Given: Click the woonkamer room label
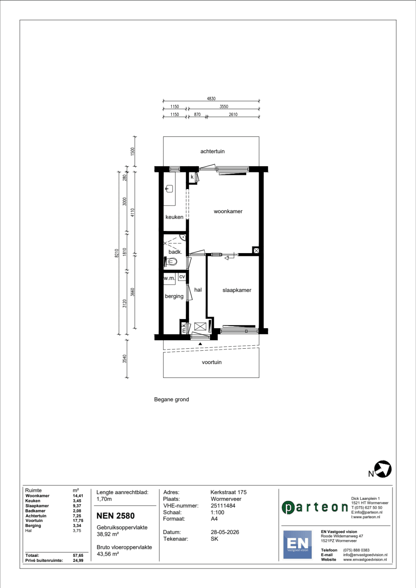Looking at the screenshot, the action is [228, 212].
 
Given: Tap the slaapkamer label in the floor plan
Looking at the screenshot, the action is [237, 290].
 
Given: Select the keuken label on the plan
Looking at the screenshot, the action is [174, 217].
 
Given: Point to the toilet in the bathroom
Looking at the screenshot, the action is [171, 261].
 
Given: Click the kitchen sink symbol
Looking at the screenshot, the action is [169, 189].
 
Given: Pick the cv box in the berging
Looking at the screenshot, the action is [182, 277].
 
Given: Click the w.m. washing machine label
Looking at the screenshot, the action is [169, 278].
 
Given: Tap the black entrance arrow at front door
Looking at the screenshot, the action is [200, 344].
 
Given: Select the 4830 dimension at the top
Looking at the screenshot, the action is [211, 99].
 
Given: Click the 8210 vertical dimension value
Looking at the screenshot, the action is [116, 253].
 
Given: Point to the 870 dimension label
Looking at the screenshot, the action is [197, 114].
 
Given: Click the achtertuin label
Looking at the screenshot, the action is [212, 151].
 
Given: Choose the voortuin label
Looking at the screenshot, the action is [212, 362].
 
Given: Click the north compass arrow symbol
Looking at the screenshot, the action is [383, 469].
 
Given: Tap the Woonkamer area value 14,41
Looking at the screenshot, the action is [78, 496].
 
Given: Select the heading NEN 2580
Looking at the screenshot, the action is [115, 516].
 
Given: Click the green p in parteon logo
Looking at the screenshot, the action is [287, 508].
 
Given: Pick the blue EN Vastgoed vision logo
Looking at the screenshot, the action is [297, 544].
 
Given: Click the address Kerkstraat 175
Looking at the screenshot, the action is [228, 492].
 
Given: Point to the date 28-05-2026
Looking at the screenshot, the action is [225, 532].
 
